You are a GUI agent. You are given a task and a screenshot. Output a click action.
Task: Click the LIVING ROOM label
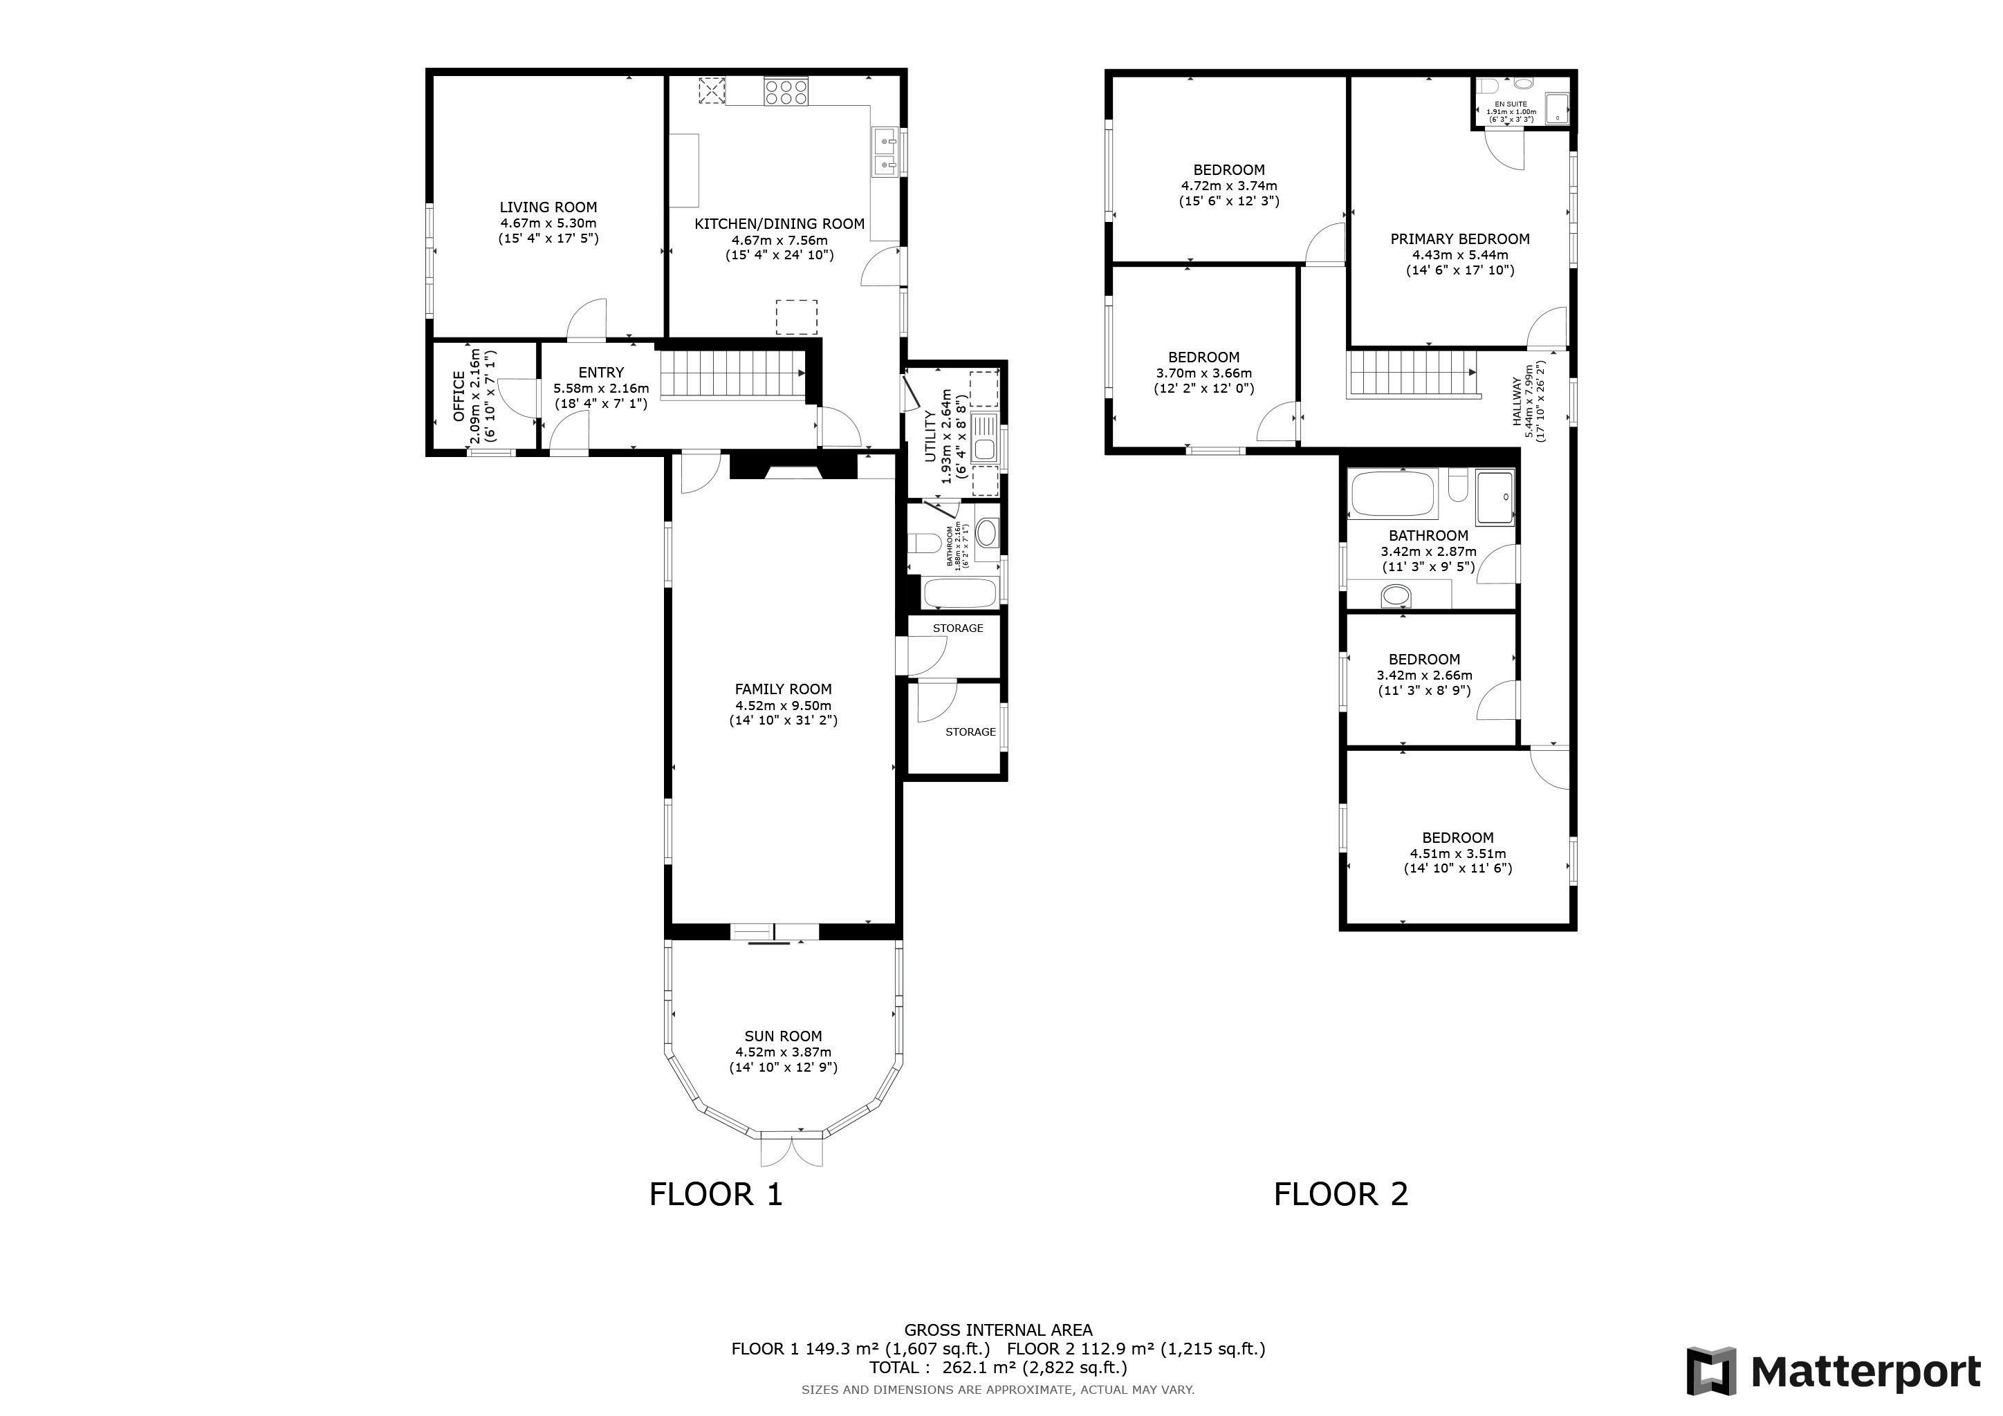548,207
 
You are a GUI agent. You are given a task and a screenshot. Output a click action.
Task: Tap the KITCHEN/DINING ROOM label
779,224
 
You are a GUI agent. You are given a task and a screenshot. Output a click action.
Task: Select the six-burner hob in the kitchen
786,91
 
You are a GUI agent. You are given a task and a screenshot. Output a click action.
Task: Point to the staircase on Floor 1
731,376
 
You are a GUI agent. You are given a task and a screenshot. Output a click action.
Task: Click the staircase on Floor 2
1412,374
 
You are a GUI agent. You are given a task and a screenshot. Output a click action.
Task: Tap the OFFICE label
459,396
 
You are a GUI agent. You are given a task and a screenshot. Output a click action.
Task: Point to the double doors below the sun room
791,1149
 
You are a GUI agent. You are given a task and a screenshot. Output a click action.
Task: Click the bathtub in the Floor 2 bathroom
1393,494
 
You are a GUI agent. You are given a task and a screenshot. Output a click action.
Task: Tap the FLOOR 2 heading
1341,1193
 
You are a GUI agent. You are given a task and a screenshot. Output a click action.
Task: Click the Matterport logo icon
1710,1372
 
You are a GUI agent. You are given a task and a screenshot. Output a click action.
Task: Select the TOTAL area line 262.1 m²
998,1367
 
